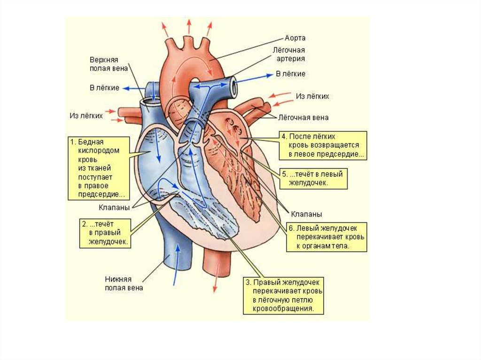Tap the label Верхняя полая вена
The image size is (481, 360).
pos(103,64)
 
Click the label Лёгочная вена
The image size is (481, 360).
pos(303,117)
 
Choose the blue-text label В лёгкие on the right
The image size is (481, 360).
pos(290,74)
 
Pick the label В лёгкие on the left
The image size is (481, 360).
pos(104,88)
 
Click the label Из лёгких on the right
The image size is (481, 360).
pos(312,96)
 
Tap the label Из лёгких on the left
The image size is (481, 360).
pos(86,115)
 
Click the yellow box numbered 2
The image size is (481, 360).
pos(104,232)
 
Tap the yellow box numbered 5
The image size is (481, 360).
pos(314,179)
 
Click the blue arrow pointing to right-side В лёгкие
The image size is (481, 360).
pos(254,77)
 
